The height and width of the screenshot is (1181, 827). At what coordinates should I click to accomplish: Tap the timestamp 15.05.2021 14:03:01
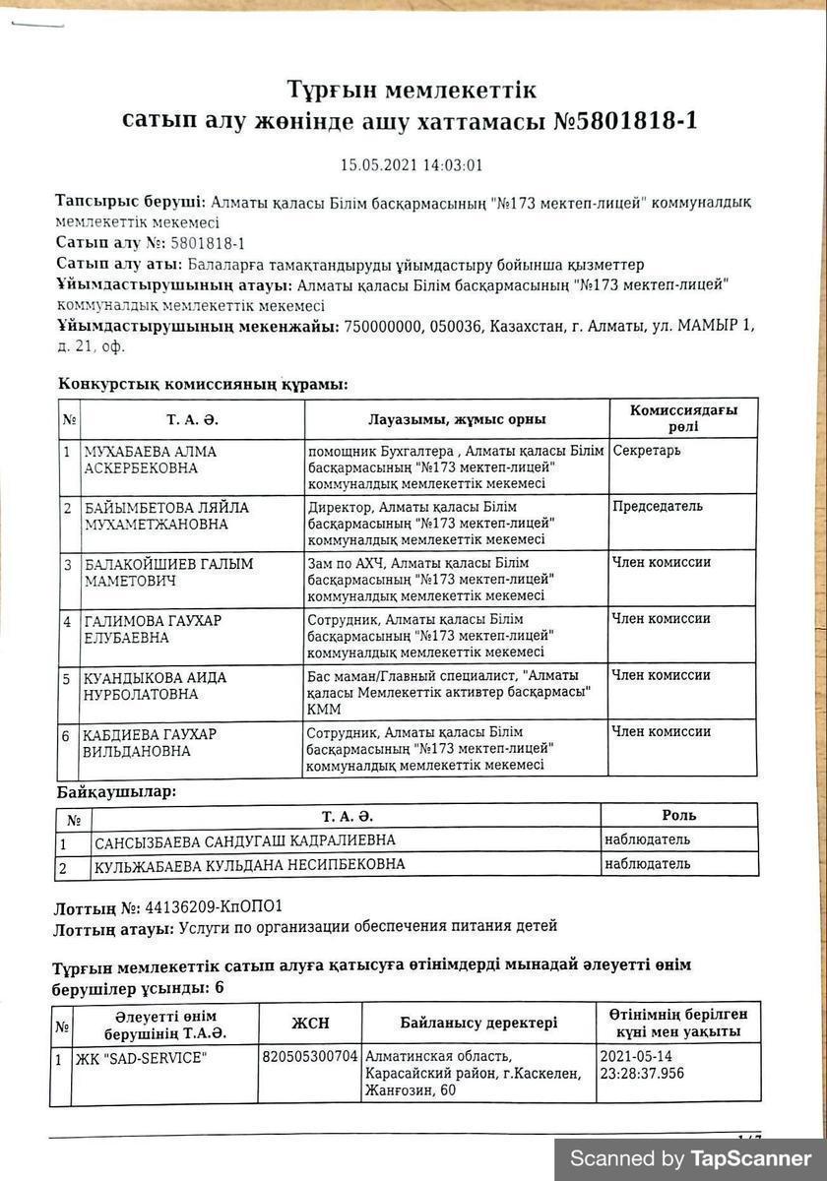pyautogui.click(x=412, y=165)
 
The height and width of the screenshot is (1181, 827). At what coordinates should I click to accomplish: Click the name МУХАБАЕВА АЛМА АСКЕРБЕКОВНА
pyautogui.click(x=151, y=459)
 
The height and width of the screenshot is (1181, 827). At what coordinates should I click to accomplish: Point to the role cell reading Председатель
pyautogui.click(x=658, y=507)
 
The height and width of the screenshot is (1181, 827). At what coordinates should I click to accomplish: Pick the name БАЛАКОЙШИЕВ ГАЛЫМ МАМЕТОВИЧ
pyautogui.click(x=168, y=572)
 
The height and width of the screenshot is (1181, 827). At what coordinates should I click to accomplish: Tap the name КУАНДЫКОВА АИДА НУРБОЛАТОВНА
pyautogui.click(x=155, y=685)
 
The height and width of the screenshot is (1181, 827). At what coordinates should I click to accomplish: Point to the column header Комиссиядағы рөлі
pyautogui.click(x=683, y=418)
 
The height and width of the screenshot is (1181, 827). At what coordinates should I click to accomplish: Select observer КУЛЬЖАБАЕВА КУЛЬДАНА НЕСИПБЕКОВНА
pyautogui.click(x=249, y=866)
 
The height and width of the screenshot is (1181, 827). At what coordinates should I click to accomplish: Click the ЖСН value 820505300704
pyautogui.click(x=310, y=1057)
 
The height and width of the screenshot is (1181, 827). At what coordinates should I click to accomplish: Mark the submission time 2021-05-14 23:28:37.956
pyautogui.click(x=641, y=1065)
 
